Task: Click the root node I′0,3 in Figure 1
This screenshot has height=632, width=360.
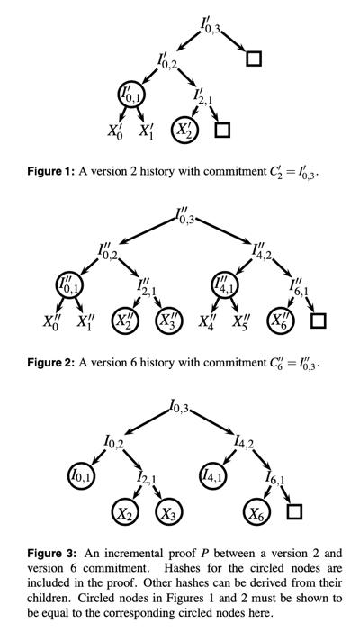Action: point(210,26)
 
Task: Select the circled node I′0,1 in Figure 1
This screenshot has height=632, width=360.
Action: point(131,95)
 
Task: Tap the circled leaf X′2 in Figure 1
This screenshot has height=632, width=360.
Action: point(184,130)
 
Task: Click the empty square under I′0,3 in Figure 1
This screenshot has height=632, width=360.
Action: point(254,59)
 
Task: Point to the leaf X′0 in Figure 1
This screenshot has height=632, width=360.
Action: point(115,131)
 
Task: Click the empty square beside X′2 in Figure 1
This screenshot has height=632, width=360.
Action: point(222,130)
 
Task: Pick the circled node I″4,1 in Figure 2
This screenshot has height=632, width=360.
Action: point(225,284)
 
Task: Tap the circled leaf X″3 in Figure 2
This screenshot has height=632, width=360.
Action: point(169,321)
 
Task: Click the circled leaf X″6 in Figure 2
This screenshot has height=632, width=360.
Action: point(282,321)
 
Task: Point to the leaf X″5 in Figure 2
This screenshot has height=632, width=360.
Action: point(240,321)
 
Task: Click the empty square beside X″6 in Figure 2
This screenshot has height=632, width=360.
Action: point(319,321)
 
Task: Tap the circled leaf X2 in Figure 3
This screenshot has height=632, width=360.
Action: point(125,512)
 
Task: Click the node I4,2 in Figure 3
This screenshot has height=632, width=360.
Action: point(244,443)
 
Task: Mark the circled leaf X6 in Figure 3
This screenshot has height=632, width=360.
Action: point(257,512)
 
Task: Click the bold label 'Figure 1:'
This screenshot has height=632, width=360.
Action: point(50,171)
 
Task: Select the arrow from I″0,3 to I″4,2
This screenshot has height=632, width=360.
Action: point(223,231)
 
